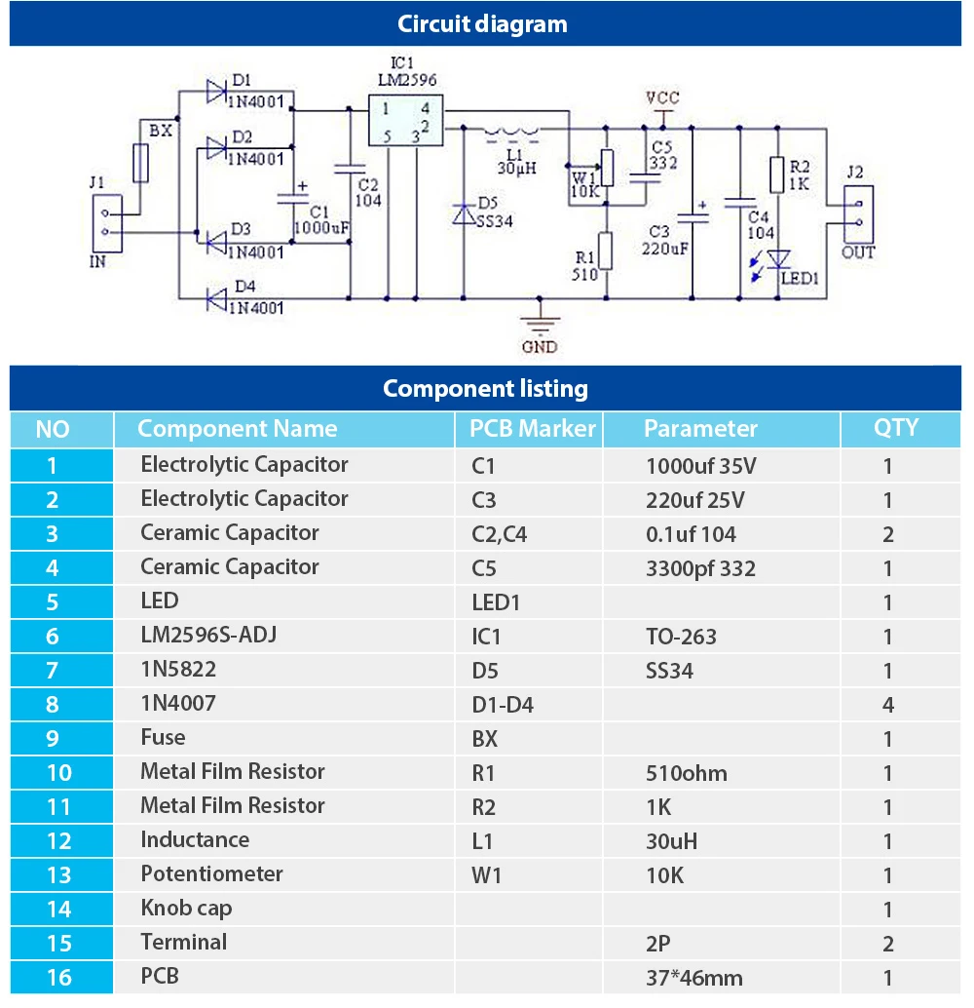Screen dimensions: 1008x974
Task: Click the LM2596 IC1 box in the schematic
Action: [x=403, y=121]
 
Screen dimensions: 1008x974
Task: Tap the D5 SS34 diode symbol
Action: [x=464, y=213]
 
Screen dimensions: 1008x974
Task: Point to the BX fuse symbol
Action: [x=141, y=163]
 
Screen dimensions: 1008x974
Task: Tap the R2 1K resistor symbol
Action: [x=776, y=175]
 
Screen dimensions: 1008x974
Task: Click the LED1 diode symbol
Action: [x=777, y=258]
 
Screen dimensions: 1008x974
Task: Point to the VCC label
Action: [x=662, y=98]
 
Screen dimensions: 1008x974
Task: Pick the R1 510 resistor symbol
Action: [x=605, y=250]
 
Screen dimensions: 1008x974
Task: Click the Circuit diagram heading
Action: [x=483, y=24]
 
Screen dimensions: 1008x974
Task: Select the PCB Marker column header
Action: [x=532, y=429]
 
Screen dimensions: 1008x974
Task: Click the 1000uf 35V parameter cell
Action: [x=700, y=466]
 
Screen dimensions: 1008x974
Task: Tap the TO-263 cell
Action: [x=681, y=637]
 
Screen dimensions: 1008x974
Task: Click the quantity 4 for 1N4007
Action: [x=887, y=705]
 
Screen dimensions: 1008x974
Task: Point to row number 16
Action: [x=59, y=977]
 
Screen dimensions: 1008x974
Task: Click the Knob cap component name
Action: [x=186, y=909]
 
